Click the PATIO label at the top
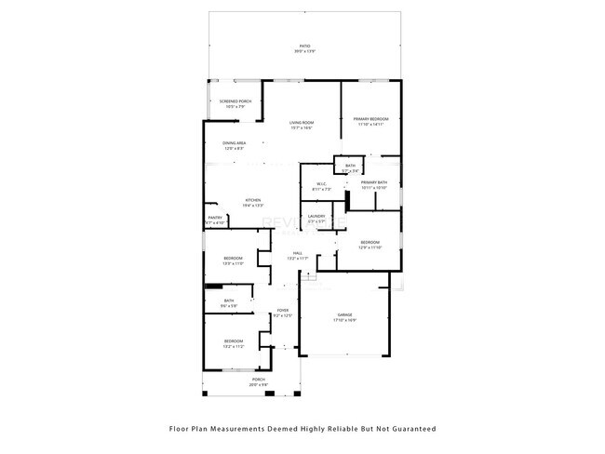(x=304, y=46)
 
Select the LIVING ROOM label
(x=301, y=123)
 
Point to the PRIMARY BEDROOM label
(x=370, y=119)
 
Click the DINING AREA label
(x=234, y=143)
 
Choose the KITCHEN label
(x=252, y=200)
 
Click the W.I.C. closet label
(x=318, y=183)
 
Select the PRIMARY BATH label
(x=373, y=182)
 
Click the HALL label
(x=298, y=253)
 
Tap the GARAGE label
(x=345, y=316)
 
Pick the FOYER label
(x=282, y=310)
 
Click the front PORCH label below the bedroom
(x=258, y=380)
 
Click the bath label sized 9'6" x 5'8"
(x=229, y=300)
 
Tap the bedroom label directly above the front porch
(x=233, y=341)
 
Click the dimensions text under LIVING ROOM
(x=301, y=128)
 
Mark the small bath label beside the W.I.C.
(x=350, y=166)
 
